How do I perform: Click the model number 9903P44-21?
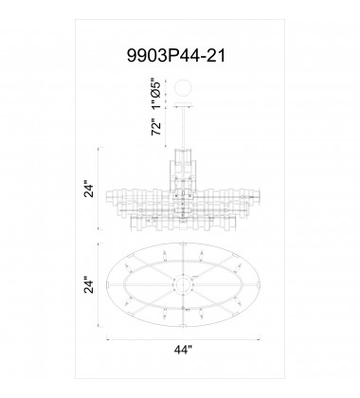(179, 57)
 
